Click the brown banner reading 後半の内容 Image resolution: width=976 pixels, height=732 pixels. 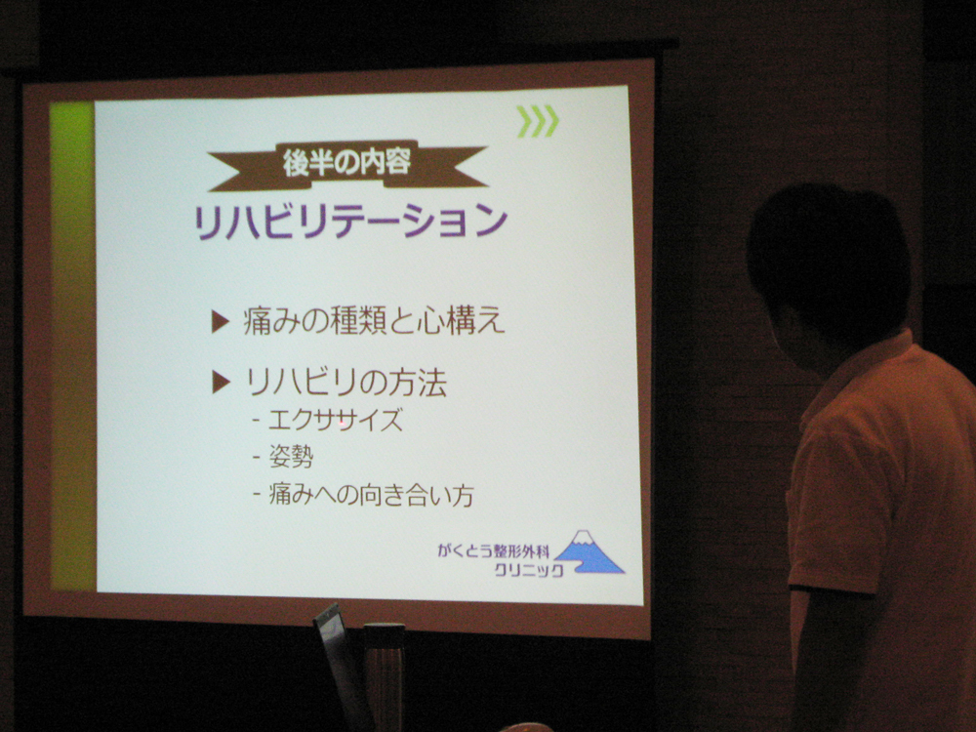coord(346,164)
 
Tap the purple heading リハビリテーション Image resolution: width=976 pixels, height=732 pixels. coord(351,222)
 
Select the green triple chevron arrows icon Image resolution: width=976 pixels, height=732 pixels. coord(538,121)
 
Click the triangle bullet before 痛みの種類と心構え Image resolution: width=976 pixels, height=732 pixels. coord(221,322)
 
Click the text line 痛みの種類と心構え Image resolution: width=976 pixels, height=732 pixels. coord(375,322)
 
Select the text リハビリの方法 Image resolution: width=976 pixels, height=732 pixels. coord(346,384)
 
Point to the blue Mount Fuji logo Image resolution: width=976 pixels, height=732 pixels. coord(589,552)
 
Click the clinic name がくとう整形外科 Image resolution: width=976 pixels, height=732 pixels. coord(493,551)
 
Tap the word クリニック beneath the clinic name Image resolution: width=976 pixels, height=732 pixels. coord(528,571)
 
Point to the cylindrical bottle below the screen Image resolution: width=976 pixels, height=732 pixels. coord(384,673)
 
